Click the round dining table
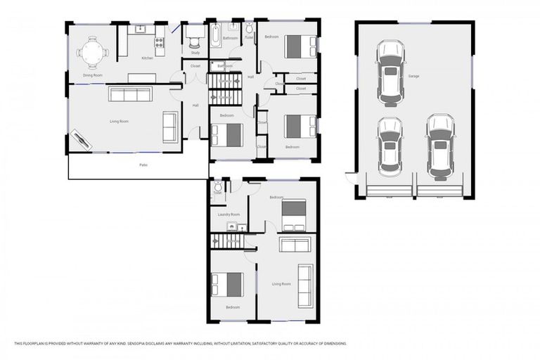[93, 52]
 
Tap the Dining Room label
[93, 75]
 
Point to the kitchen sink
[140, 29]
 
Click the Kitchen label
[147, 58]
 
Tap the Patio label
[143, 165]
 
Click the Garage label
[413, 75]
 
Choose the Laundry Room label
[229, 214]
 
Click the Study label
[195, 52]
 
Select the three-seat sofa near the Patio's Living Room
[129, 95]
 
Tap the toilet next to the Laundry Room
[219, 188]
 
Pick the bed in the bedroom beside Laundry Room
[294, 214]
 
